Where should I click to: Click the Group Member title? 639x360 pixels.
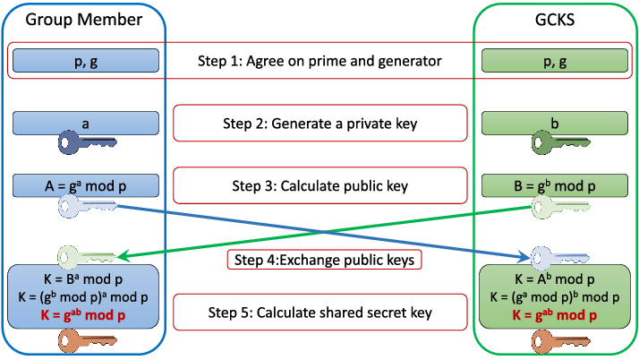point(84,20)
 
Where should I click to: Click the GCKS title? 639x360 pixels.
point(555,20)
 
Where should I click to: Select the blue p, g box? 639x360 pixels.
point(86,61)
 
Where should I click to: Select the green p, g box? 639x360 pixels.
point(555,61)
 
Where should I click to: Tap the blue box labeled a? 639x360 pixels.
point(86,123)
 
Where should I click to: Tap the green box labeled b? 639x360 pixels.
point(555,123)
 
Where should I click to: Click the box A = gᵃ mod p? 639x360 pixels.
point(86,185)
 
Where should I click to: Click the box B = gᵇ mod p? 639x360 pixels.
point(555,185)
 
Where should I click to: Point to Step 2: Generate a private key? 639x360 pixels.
point(319,123)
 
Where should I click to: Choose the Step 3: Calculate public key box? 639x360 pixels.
point(319,185)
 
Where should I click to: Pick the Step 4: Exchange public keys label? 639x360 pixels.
point(324,260)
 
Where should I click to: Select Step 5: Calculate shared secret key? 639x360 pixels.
point(319,313)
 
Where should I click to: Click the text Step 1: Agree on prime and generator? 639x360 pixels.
point(319,61)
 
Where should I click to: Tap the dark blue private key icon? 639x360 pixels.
point(87,142)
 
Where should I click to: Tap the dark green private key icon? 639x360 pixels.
point(561,142)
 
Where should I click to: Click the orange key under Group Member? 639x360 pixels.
point(88,341)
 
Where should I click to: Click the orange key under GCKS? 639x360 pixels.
point(561,341)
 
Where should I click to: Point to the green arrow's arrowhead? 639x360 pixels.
point(123,255)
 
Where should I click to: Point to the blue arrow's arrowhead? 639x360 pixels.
point(525,256)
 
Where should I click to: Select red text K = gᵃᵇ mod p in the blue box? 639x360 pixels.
point(83,315)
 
